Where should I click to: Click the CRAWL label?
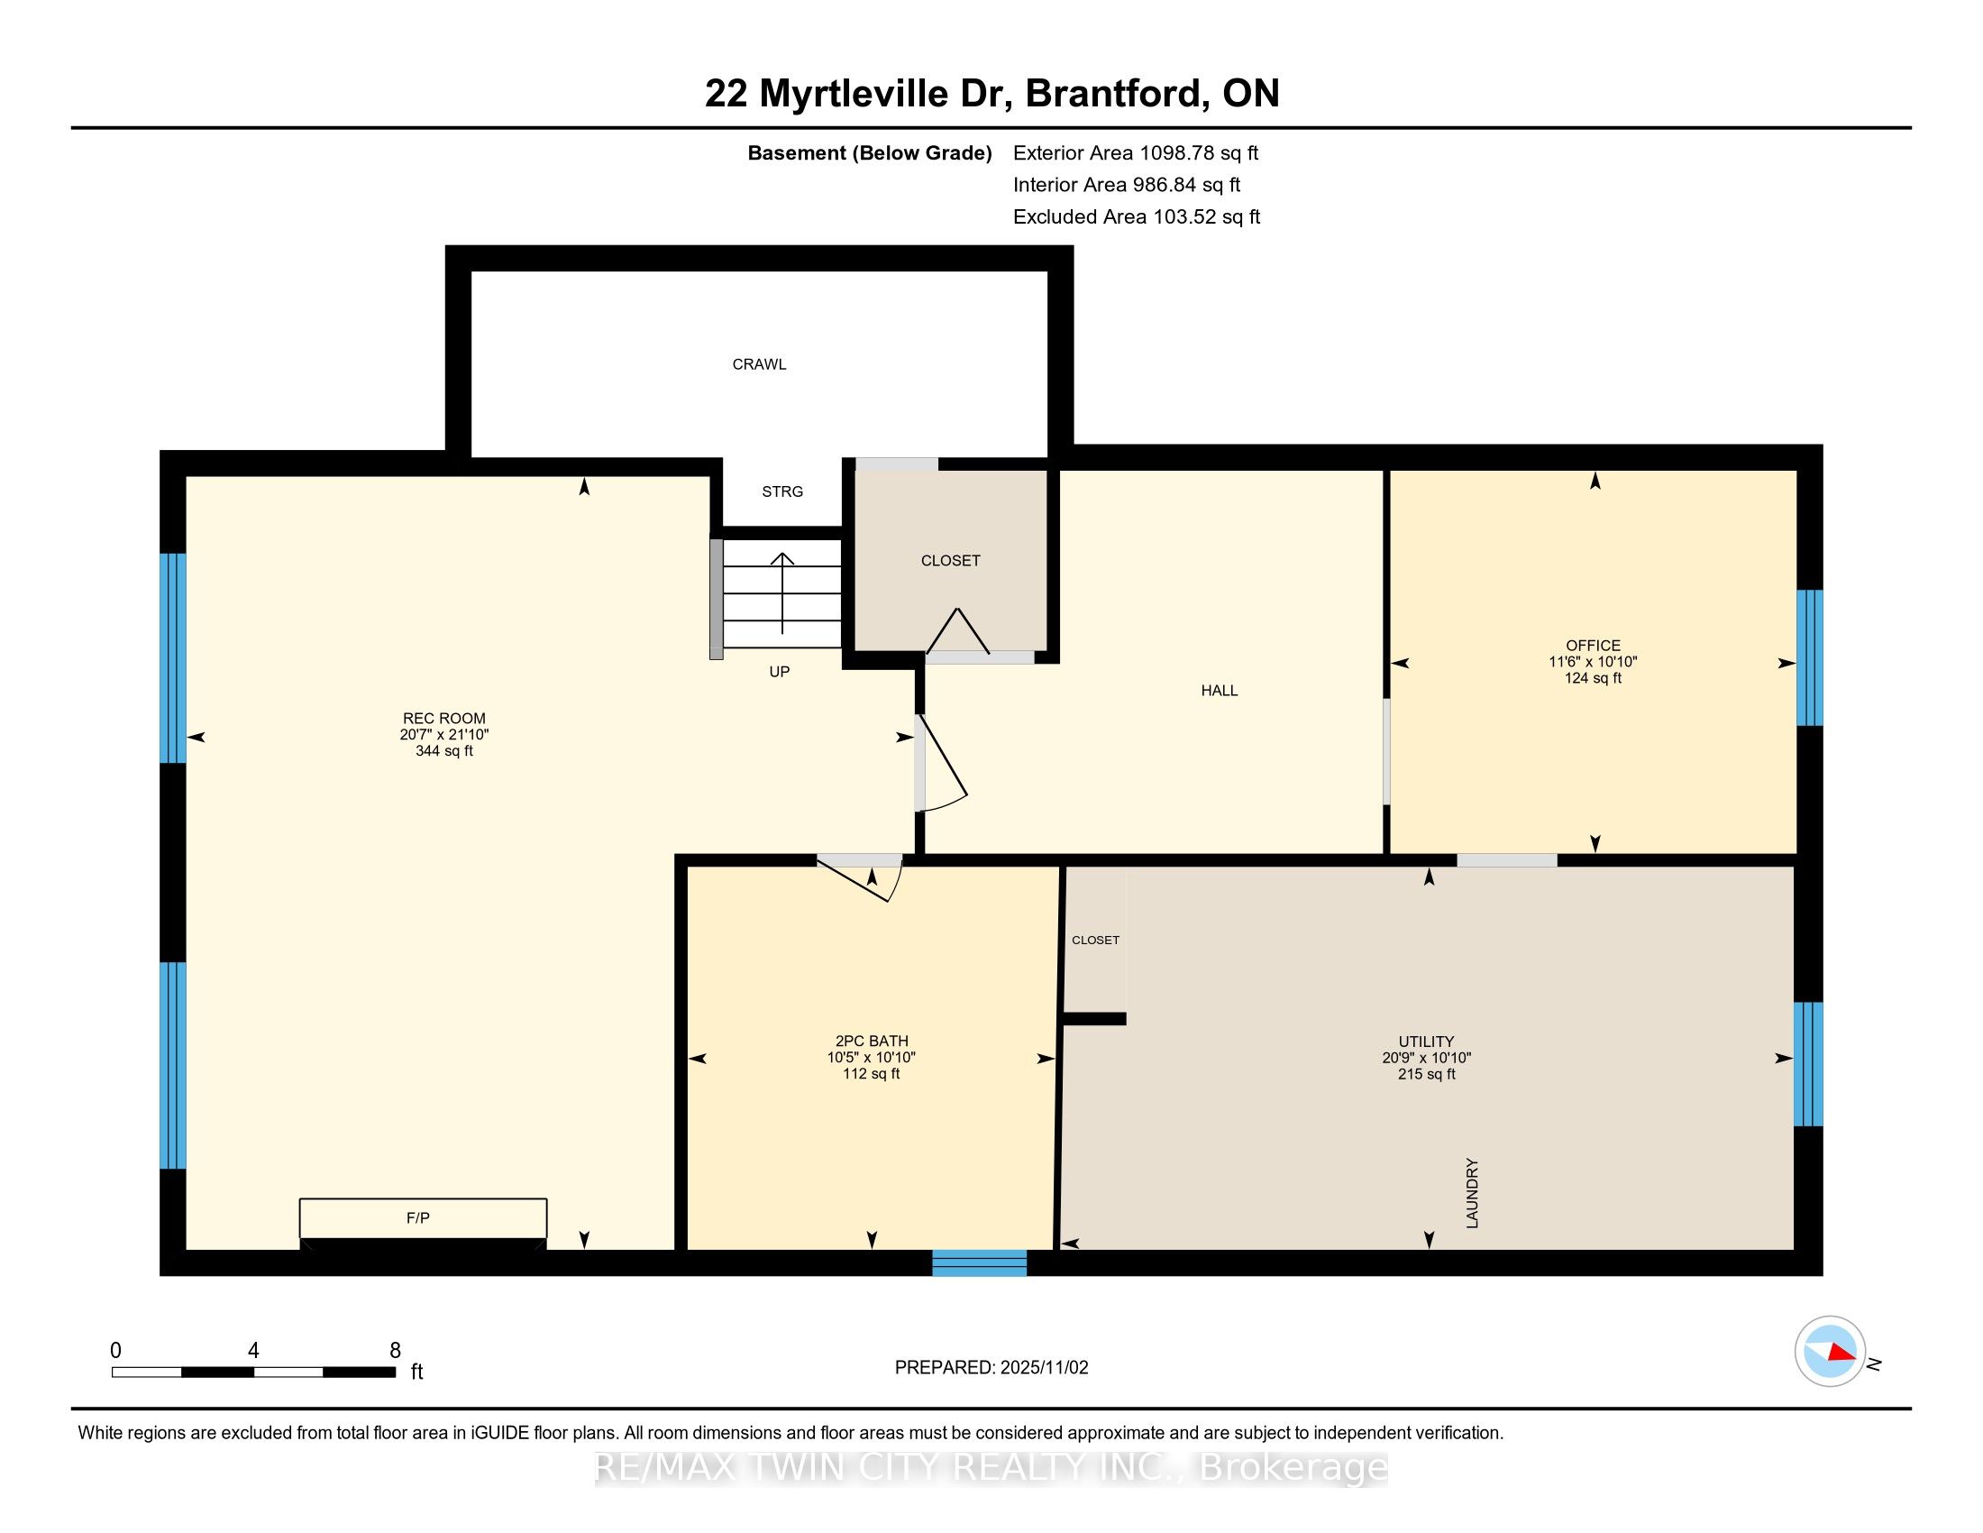(x=759, y=364)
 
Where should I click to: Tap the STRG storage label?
(x=781, y=491)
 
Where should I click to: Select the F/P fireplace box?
(x=423, y=1218)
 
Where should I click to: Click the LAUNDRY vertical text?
(x=1472, y=1193)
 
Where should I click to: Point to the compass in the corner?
(x=1830, y=1352)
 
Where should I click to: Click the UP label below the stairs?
(x=779, y=672)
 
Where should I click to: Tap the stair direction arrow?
(x=781, y=591)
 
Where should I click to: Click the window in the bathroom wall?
(x=979, y=1262)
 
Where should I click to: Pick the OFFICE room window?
(x=1809, y=657)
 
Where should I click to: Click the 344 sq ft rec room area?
(x=444, y=751)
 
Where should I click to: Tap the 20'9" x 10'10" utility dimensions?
(x=1426, y=1058)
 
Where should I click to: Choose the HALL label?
(x=1219, y=690)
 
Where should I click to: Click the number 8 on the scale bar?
(x=395, y=1351)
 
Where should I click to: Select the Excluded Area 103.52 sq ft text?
(x=1136, y=217)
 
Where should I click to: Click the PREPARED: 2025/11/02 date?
(x=991, y=1368)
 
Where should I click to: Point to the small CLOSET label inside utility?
(x=1095, y=940)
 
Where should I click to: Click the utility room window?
(x=1807, y=1063)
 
